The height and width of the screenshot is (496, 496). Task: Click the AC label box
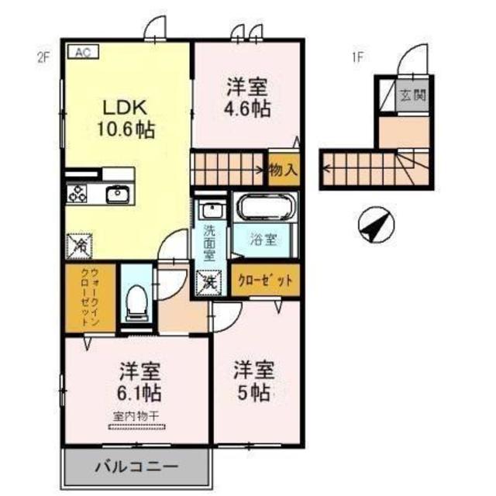point(83,52)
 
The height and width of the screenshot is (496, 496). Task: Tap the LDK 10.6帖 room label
point(125,117)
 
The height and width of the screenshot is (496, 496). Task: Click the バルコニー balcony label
point(136,467)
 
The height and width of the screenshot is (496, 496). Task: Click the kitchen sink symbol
point(118,194)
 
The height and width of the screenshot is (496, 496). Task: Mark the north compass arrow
point(374,226)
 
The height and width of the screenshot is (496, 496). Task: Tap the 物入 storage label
point(283,169)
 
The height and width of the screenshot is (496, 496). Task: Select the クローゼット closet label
point(265,282)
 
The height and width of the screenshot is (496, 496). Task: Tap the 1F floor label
point(357,57)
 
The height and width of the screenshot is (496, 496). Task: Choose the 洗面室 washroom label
point(210,239)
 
